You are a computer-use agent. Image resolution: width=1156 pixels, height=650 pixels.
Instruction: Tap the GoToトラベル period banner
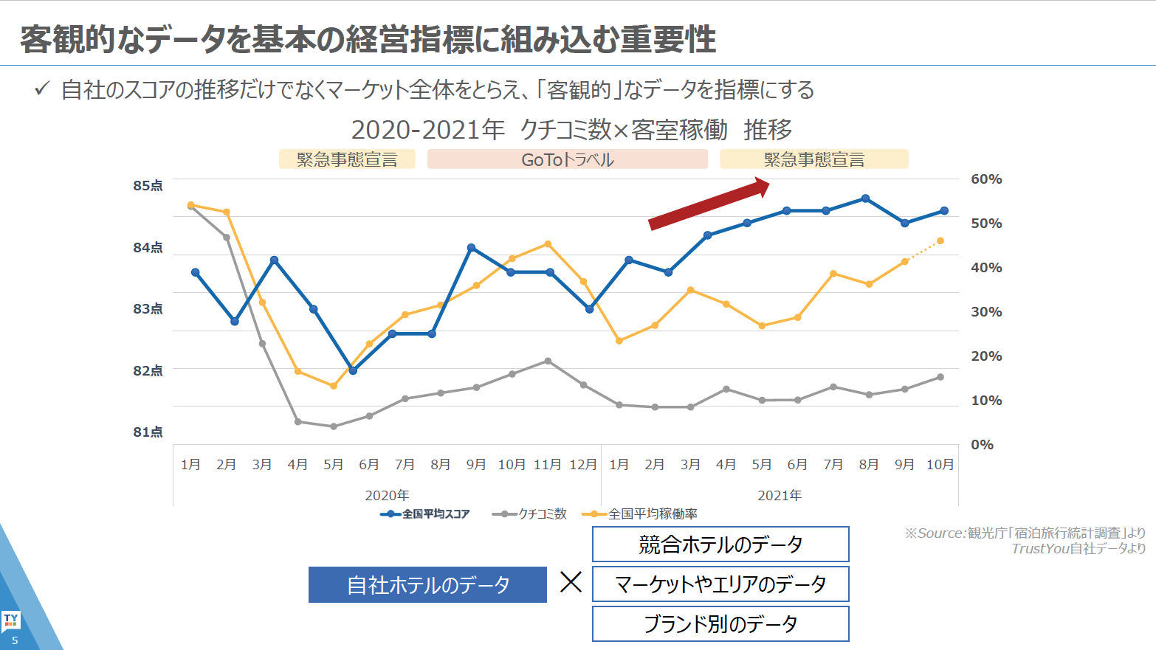(567, 159)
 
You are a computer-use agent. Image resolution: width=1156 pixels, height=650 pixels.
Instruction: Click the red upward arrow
(709, 204)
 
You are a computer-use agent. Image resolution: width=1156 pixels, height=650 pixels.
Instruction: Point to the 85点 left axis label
(148, 186)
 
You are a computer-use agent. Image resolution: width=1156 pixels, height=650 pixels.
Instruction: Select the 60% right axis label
(986, 179)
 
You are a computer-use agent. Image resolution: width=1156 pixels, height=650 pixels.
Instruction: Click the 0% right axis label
(982, 445)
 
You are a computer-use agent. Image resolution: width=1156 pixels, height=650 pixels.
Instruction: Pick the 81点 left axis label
(148, 432)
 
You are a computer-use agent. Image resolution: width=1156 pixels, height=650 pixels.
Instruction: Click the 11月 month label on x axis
(547, 465)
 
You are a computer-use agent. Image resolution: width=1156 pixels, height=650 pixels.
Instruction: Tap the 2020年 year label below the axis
(387, 496)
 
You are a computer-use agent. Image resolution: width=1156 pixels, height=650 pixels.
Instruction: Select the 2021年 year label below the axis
(780, 496)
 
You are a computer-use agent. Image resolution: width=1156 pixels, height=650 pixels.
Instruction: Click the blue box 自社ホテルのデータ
(427, 585)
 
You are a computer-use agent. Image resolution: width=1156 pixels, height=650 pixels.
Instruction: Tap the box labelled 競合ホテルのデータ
(720, 544)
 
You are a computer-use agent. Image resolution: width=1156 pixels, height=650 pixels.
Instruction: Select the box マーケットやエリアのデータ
(720, 584)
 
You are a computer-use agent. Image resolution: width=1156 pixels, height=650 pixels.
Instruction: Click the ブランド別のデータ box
(720, 624)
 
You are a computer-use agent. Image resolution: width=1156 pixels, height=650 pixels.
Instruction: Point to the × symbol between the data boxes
(571, 583)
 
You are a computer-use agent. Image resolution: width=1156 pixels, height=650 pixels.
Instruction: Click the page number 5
(15, 640)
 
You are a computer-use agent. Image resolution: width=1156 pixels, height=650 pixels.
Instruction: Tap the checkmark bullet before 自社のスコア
(42, 89)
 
